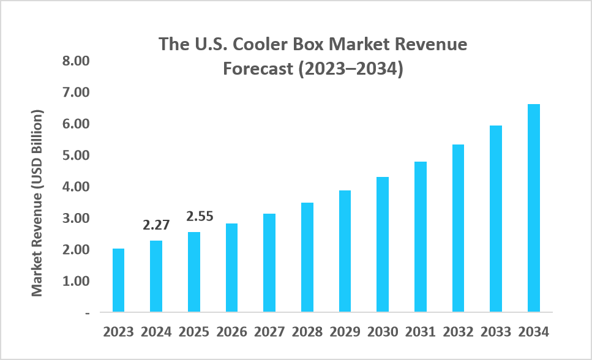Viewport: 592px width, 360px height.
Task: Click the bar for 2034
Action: click(x=533, y=208)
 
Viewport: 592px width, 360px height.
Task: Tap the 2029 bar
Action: click(x=345, y=251)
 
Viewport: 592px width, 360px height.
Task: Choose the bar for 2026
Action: click(x=231, y=268)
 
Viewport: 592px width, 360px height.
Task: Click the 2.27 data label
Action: click(x=156, y=225)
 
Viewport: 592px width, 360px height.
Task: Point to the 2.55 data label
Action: click(x=194, y=217)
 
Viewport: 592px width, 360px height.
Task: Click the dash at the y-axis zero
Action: click(x=87, y=313)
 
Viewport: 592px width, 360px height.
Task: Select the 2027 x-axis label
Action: click(x=269, y=332)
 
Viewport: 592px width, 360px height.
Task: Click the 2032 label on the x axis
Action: click(x=458, y=332)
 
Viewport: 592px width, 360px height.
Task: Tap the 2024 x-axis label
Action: click(x=156, y=332)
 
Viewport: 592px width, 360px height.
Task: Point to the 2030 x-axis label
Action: click(x=383, y=332)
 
